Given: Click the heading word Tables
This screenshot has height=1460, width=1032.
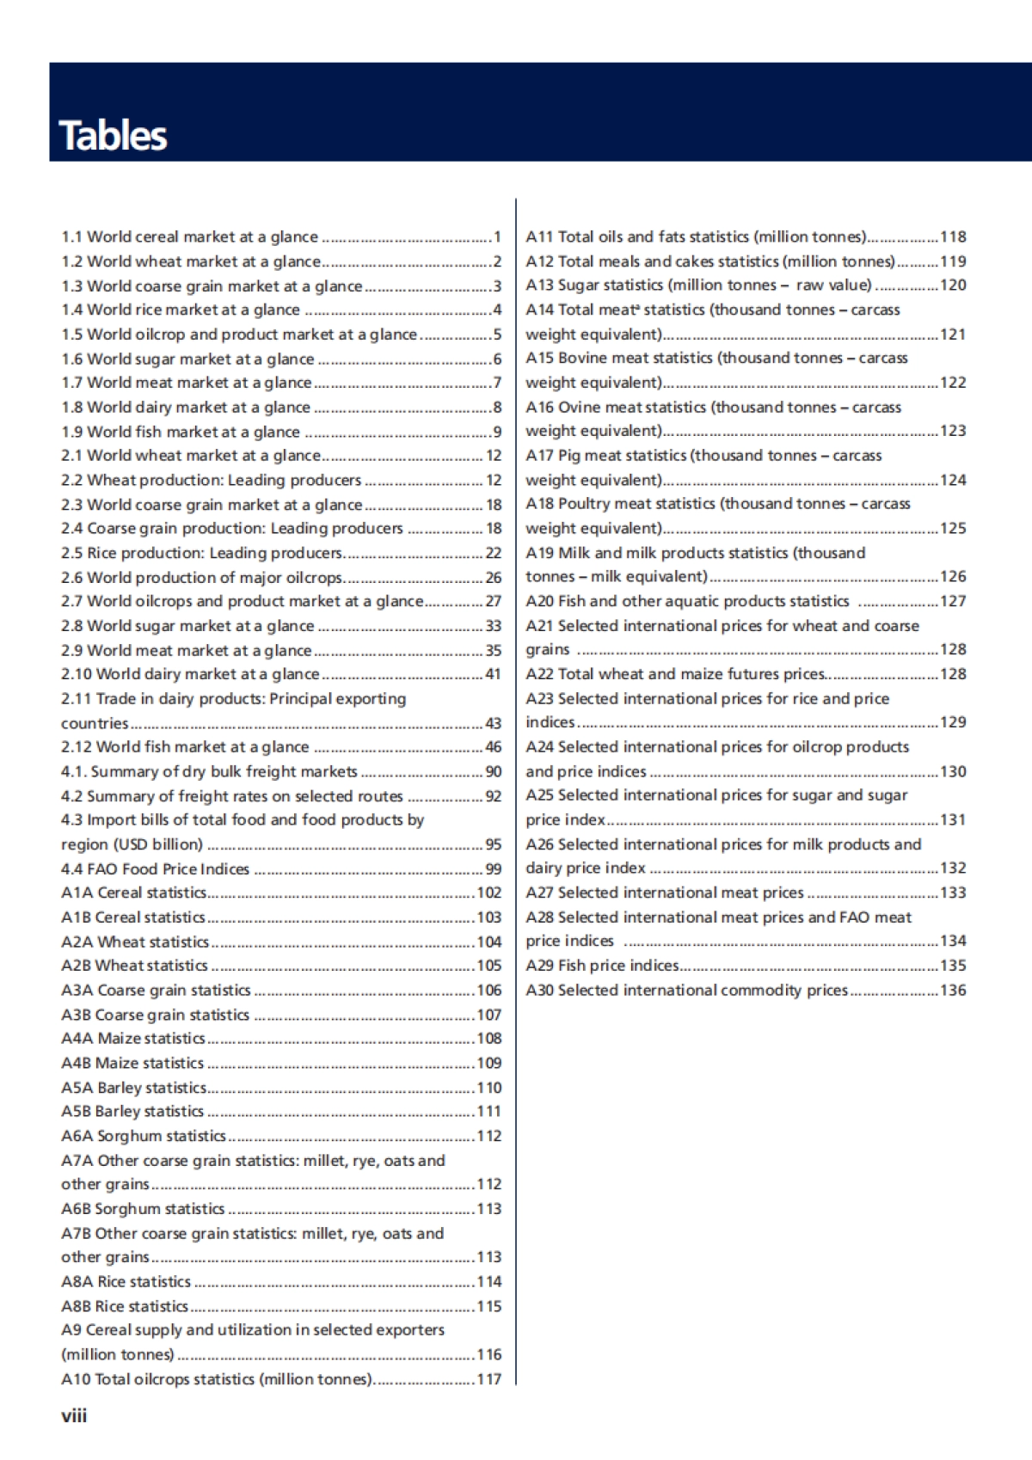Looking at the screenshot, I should coord(113,136).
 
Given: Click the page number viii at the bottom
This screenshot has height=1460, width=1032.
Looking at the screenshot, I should coord(74,1415).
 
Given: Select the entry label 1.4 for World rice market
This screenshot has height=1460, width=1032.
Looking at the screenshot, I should coord(71,310).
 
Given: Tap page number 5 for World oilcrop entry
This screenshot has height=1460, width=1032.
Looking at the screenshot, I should coord(496,334).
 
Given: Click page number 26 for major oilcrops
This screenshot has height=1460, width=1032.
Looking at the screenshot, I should coord(493,577).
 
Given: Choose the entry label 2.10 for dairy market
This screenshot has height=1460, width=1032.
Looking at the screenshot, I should coord(76,674).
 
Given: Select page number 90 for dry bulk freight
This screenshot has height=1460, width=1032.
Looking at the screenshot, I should coord(493,771).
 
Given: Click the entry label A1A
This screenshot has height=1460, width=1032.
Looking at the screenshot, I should coord(77,893).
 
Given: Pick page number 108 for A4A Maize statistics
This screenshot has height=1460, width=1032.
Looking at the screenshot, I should coord(488,1039).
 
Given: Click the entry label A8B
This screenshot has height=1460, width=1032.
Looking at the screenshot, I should coord(76,1306).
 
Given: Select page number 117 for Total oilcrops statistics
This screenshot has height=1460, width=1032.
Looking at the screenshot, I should coord(488,1379).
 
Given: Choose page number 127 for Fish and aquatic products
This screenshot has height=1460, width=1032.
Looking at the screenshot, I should coord(953,601).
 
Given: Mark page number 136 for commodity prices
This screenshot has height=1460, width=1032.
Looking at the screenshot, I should coord(953,990).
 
